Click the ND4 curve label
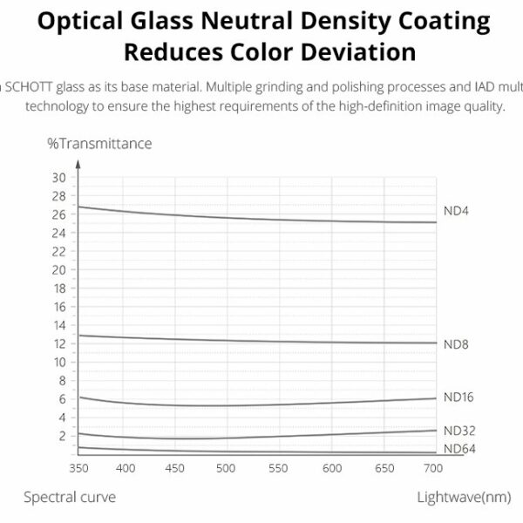[457, 211]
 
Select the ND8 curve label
[457, 344]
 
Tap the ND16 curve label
[458, 397]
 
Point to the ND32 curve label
[458, 431]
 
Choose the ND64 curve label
[458, 449]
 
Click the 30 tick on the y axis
[59, 178]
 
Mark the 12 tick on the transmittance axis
[59, 343]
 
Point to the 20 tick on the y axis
[59, 269]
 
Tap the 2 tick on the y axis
[61, 435]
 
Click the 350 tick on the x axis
[77, 468]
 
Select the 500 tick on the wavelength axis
[226, 468]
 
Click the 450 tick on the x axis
[176, 468]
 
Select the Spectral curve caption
[69, 497]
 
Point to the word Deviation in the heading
[351, 51]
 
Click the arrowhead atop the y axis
[77, 163]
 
